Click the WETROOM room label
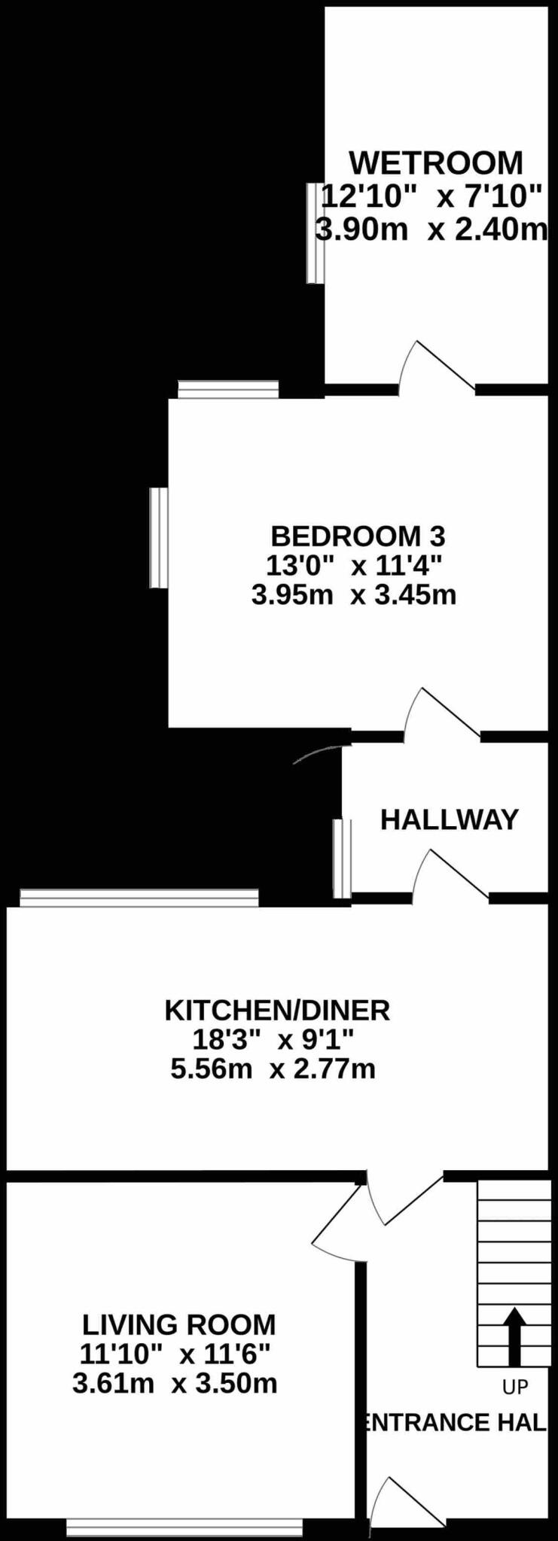pos(435,163)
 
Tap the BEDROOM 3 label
pos(358,536)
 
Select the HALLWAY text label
pos(450,819)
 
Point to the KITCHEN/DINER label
pos(277,1010)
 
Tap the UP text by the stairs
pos(515,1386)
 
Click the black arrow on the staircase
pos(515,1336)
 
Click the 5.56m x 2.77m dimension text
pos(273,1068)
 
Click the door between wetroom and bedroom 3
pos(437,368)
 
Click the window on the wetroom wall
pos(316,233)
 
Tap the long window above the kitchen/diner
pos(139,898)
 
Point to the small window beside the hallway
pos(343,859)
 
